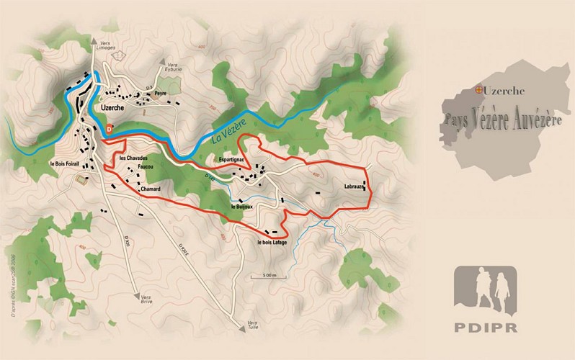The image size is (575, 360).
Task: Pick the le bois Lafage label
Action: [x=272, y=243]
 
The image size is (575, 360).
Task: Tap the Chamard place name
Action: [x=150, y=189]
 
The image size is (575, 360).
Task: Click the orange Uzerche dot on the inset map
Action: [x=478, y=90]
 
